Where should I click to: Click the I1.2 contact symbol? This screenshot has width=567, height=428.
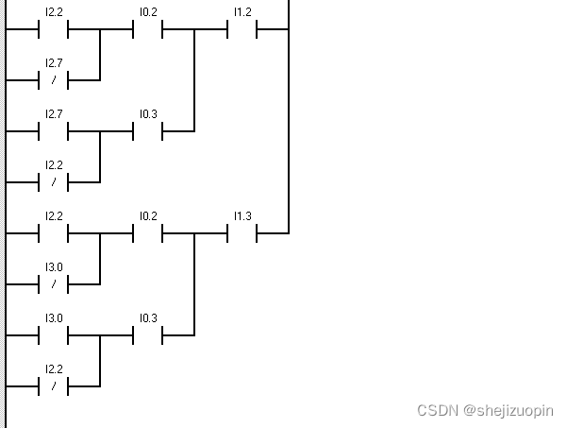tap(242, 28)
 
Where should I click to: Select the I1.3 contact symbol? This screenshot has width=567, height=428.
tap(242, 232)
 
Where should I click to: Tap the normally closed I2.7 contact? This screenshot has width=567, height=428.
tap(54, 79)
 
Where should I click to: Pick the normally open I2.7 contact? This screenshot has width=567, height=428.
tap(54, 130)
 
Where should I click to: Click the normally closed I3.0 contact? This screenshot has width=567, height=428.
tap(54, 283)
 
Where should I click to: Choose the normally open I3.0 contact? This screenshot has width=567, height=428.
tap(54, 334)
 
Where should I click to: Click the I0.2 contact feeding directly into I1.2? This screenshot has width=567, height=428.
tap(148, 28)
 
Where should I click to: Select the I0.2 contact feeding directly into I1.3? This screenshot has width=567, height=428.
tap(148, 232)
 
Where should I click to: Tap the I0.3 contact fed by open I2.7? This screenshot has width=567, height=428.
tap(148, 130)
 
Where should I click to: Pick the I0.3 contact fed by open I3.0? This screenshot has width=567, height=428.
tap(148, 334)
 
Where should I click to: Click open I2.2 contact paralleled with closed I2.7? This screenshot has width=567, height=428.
tap(54, 28)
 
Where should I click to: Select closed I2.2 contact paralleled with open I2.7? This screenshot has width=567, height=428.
tap(54, 181)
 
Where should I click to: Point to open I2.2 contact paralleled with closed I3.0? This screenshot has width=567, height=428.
tap(54, 232)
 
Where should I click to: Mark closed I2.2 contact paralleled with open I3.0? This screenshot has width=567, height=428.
tap(54, 385)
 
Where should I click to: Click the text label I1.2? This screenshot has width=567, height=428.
tap(242, 12)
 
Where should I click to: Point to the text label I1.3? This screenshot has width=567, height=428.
tap(242, 216)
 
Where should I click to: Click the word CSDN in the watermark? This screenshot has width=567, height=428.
tap(437, 411)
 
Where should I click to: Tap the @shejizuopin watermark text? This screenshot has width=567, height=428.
tap(509, 411)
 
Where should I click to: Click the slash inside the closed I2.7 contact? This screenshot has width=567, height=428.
tap(54, 79)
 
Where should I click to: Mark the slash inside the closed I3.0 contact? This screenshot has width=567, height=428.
tap(54, 283)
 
